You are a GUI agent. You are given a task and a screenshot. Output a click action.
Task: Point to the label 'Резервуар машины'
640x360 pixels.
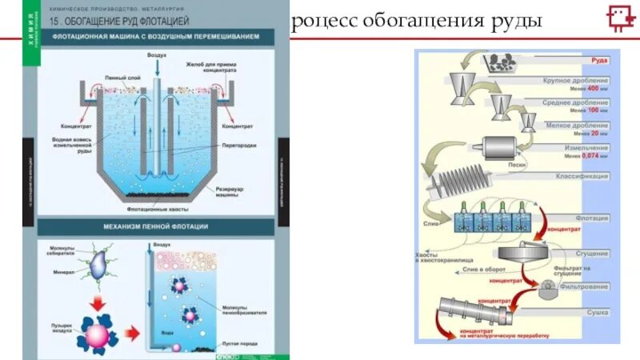(233, 193)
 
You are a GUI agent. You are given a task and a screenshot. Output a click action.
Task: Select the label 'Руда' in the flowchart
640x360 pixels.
(599, 60)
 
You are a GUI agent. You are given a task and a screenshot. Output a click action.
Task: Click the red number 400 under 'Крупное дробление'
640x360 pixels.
(593, 89)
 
